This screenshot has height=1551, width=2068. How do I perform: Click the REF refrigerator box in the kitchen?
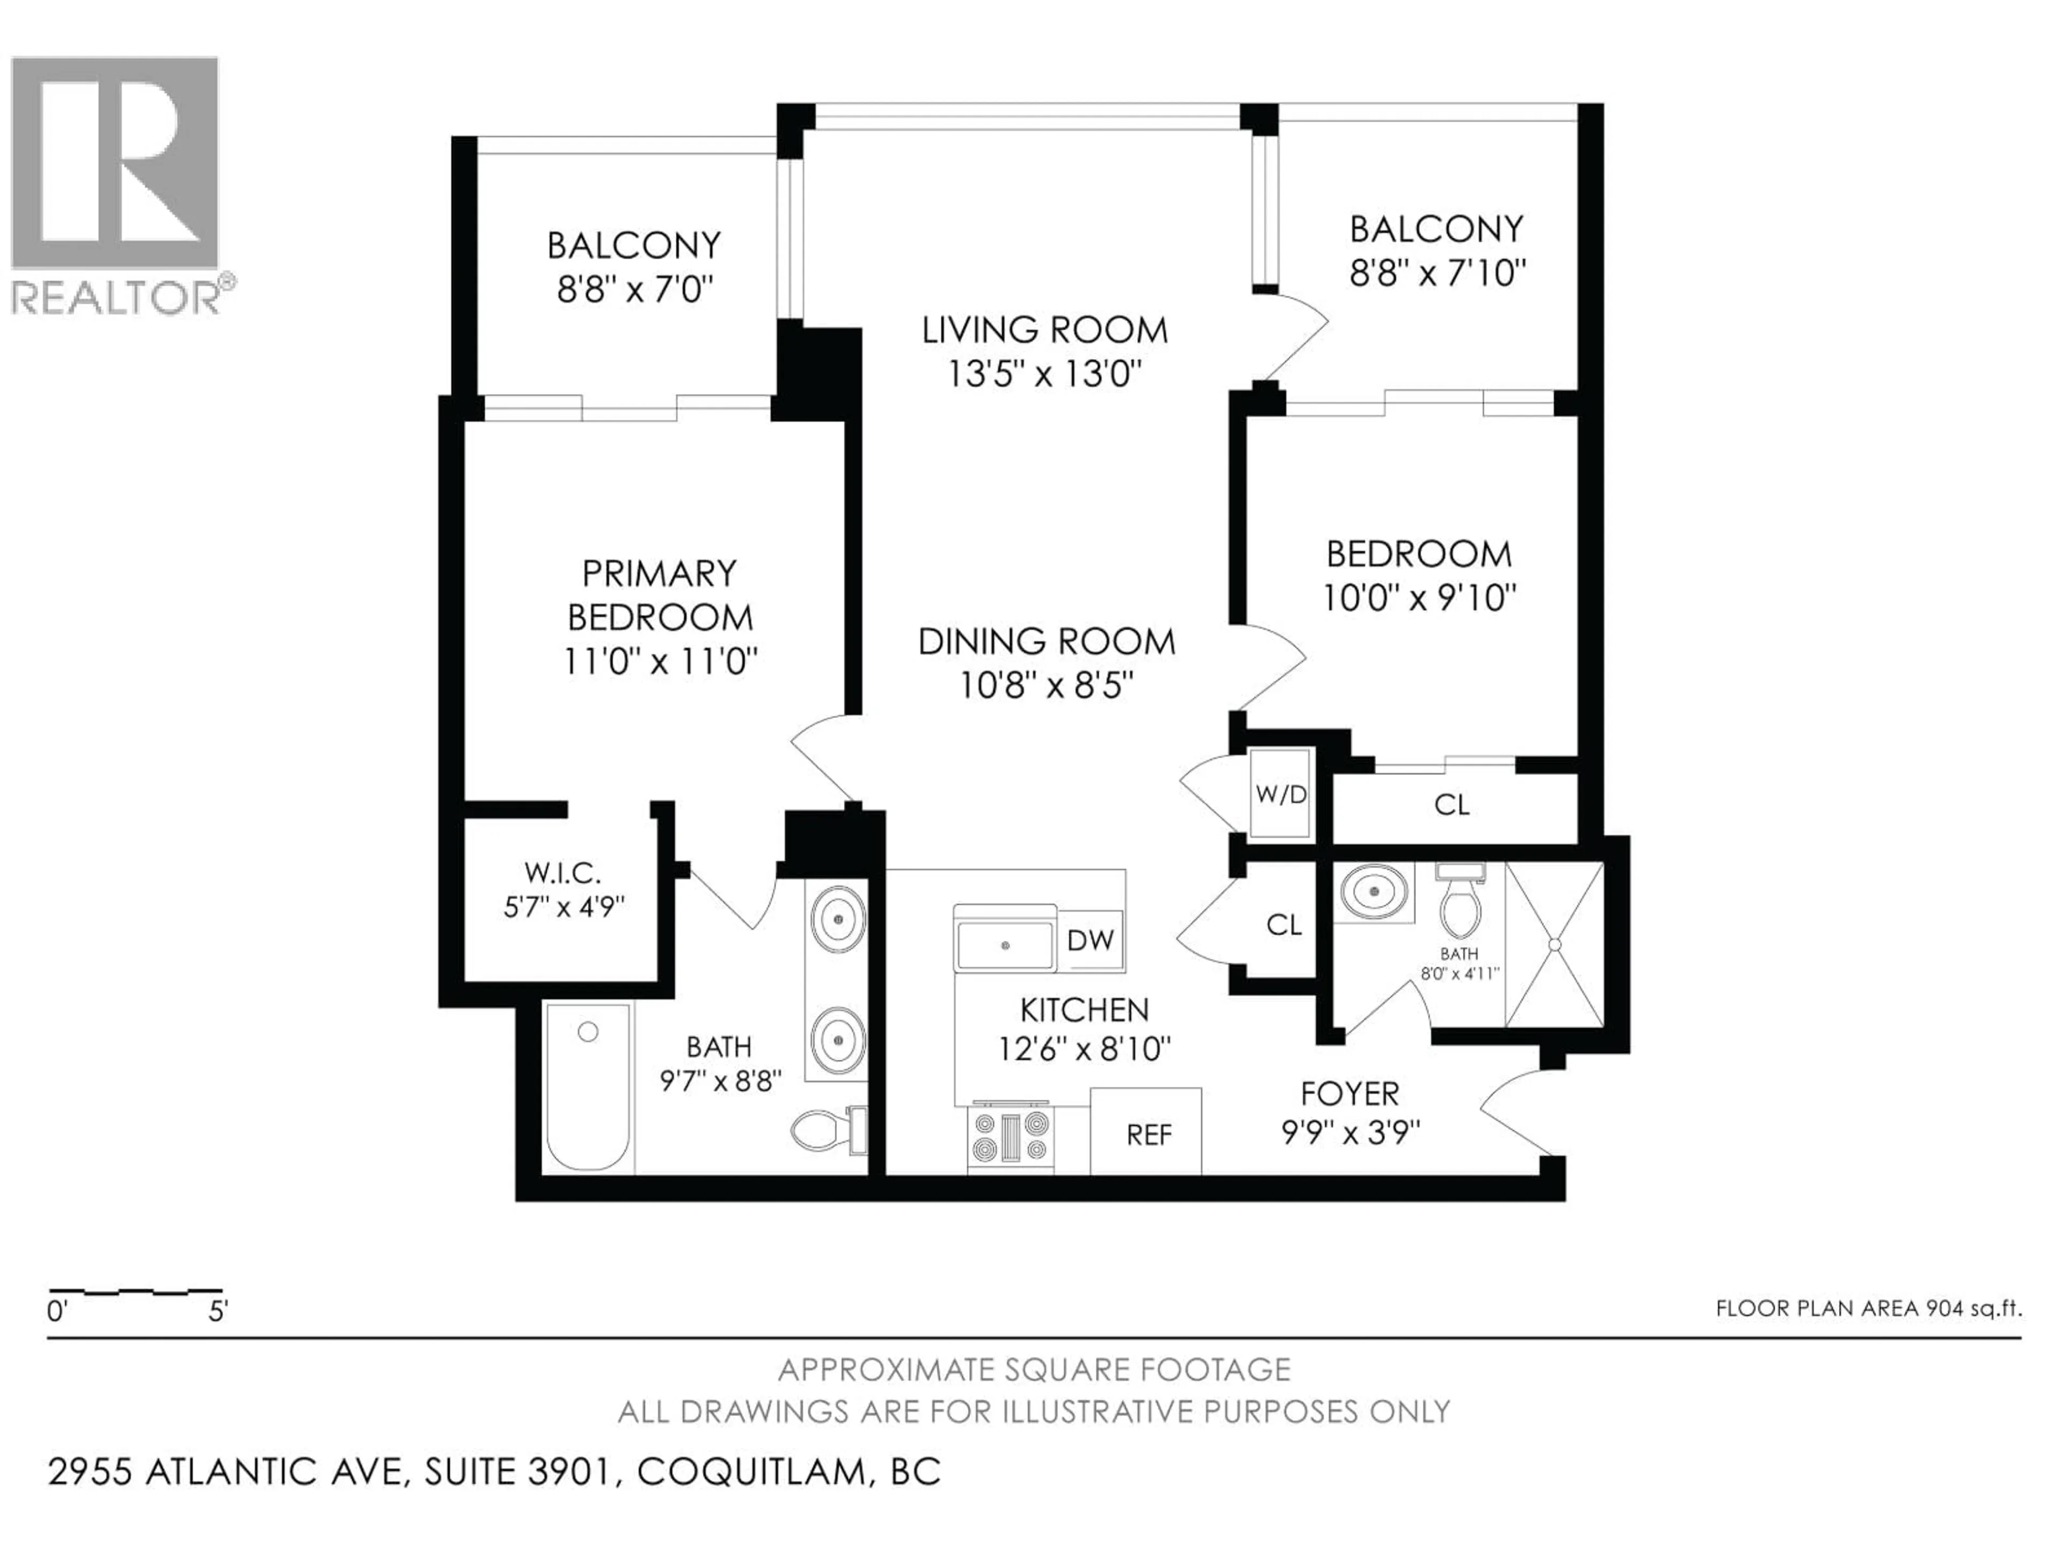(1146, 1131)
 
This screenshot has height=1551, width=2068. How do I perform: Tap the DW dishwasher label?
(1090, 940)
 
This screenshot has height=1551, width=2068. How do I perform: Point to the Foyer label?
(1349, 1093)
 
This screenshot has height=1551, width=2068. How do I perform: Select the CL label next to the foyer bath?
(1284, 925)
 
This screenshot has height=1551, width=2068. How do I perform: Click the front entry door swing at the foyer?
(1514, 1113)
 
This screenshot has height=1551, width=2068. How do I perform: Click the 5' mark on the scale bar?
(217, 1312)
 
